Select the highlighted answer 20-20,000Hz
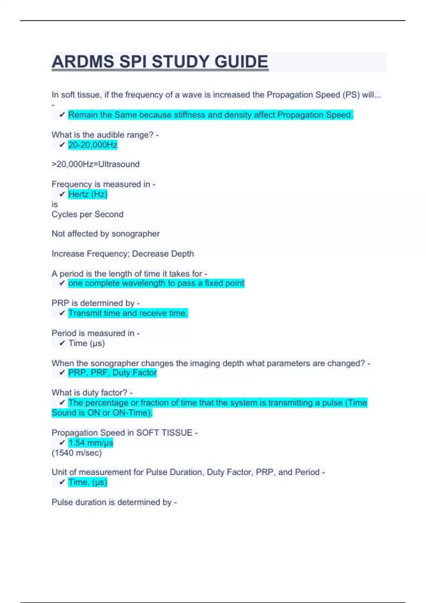tap(93, 145)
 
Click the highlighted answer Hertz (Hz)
tap(88, 194)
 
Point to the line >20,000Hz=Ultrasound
tap(95, 164)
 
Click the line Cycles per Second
tap(87, 214)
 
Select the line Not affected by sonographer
tap(105, 234)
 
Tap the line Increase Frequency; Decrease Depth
tap(122, 254)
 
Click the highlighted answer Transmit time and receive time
tap(128, 313)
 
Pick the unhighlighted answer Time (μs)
tap(87, 343)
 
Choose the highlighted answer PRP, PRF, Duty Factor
tap(112, 373)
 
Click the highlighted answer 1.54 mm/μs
tap(91, 443)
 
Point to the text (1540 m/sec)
tap(77, 453)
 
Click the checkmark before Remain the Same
tap(62, 115)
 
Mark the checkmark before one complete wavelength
tap(62, 283)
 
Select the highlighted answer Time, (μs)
tap(88, 482)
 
